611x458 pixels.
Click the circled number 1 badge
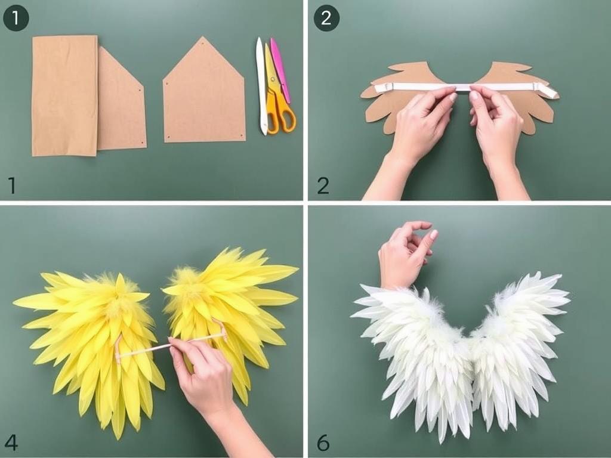coord(16,18)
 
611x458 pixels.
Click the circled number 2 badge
coord(326,18)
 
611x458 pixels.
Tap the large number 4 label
coord(11,443)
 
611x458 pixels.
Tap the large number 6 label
coord(323,443)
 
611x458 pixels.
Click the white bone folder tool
coord(261,86)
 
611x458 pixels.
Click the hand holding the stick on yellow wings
coord(206,377)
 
